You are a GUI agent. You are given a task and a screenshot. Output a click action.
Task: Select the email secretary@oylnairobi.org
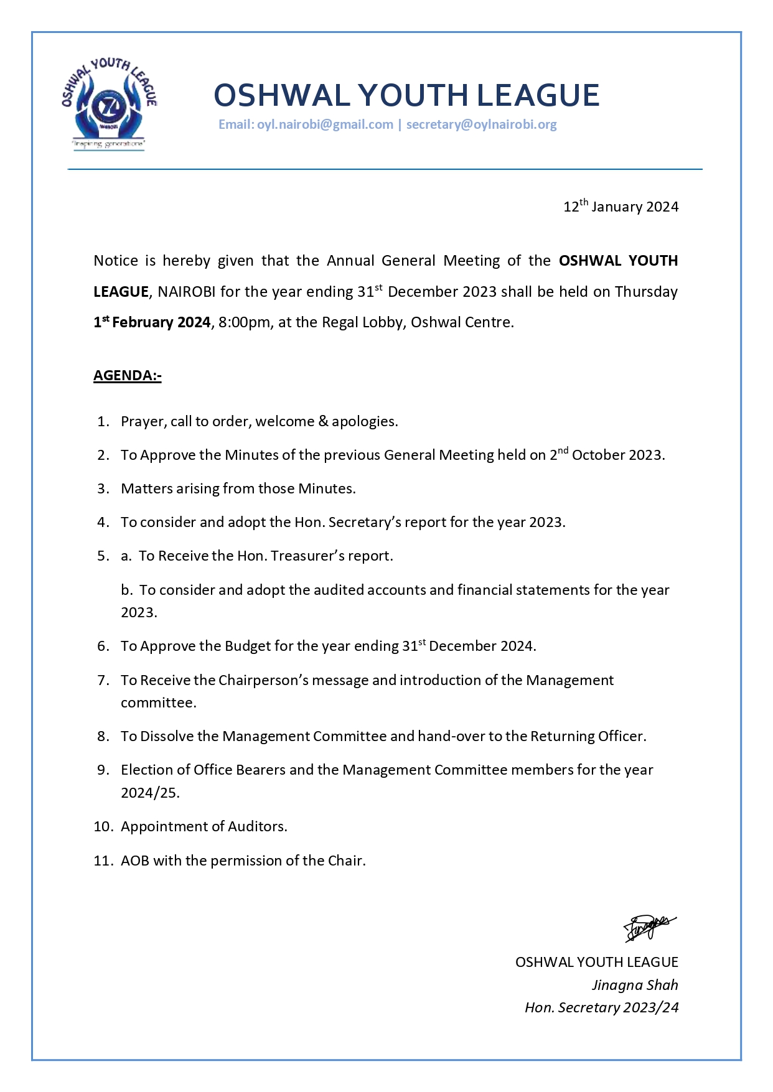481,124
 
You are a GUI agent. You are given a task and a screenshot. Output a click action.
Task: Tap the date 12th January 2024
621,207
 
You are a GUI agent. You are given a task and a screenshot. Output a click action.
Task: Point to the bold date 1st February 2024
152,322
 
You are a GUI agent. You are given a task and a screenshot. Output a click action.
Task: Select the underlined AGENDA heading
128,375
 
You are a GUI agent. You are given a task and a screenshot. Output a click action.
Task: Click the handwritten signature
650,928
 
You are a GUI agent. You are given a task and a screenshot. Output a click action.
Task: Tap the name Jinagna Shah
635,985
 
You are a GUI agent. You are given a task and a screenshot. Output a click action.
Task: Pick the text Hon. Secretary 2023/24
601,1007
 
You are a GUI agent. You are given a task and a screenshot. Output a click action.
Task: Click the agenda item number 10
103,826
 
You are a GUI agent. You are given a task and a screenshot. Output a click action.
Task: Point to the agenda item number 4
103,522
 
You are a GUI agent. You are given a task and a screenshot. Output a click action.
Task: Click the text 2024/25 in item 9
150,793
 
